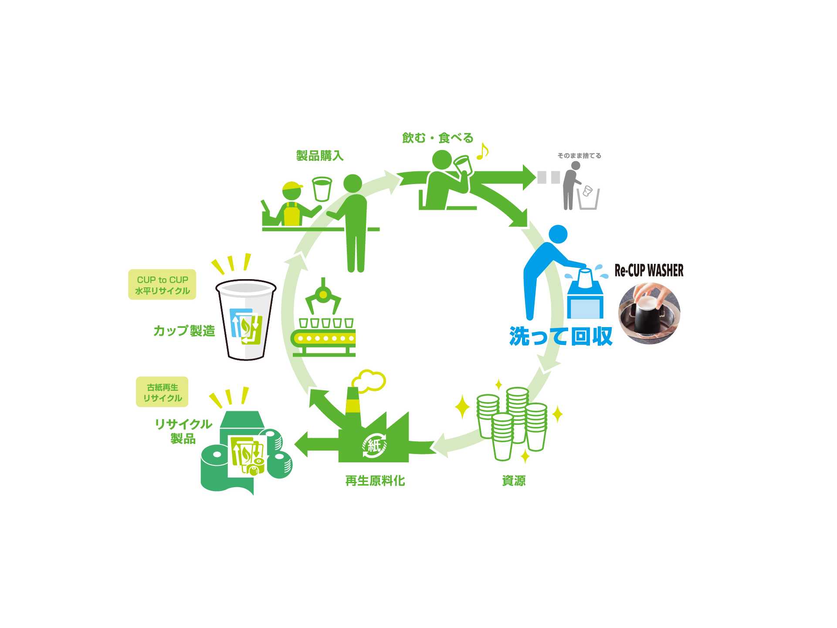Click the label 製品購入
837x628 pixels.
pyautogui.click(x=320, y=156)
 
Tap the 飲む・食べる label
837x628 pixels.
pyautogui.click(x=437, y=138)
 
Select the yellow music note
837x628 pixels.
pyautogui.click(x=482, y=151)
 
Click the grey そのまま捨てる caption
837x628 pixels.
pyautogui.click(x=579, y=156)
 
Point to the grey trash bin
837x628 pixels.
pyautogui.click(x=588, y=199)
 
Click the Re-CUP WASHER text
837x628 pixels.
pyautogui.click(x=649, y=270)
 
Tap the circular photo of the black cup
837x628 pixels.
pyautogui.click(x=649, y=313)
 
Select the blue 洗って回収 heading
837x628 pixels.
pyautogui.click(x=561, y=337)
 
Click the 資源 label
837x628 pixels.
pyautogui.click(x=514, y=481)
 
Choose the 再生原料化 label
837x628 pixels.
pyautogui.click(x=375, y=481)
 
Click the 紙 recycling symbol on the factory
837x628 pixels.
pyautogui.click(x=374, y=446)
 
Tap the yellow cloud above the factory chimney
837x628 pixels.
pyautogui.click(x=369, y=380)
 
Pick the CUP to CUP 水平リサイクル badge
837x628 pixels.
pyautogui.click(x=162, y=285)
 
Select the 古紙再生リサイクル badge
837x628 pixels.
pyautogui.click(x=162, y=392)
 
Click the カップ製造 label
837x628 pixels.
pyautogui.click(x=184, y=331)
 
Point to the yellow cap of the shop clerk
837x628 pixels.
pyautogui.click(x=291, y=188)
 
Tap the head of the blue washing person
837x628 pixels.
pyautogui.click(x=558, y=234)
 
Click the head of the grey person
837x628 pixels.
pyautogui.click(x=576, y=166)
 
